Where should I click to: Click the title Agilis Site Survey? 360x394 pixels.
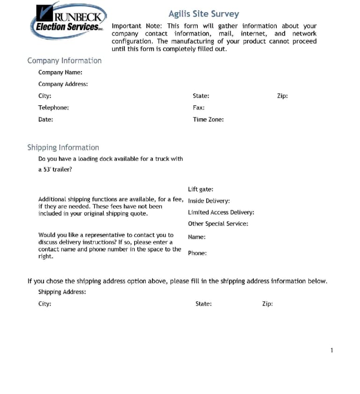coord(203,14)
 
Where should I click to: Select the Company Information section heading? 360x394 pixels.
coord(64,61)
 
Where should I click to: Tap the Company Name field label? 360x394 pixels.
coord(60,73)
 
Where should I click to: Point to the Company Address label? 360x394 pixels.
coord(63,84)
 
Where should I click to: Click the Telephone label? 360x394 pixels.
coord(53,108)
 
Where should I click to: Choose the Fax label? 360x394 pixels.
coord(199,108)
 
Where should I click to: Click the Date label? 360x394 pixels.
coord(45,119)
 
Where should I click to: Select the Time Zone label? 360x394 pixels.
coord(208,119)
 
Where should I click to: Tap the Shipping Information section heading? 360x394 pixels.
coord(63,147)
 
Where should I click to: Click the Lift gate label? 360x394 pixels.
coord(201,190)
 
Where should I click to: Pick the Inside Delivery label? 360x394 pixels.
coord(209,201)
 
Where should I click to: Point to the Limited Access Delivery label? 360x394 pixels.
coord(221,212)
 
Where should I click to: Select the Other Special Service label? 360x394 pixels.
coord(218,224)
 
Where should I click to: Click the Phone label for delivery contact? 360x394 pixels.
coord(197,253)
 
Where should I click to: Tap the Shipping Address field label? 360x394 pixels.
coord(62,292)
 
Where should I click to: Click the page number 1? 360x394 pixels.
coord(331,350)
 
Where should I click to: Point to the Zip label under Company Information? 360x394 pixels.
coord(282,96)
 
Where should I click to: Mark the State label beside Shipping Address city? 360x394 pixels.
coord(203,304)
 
